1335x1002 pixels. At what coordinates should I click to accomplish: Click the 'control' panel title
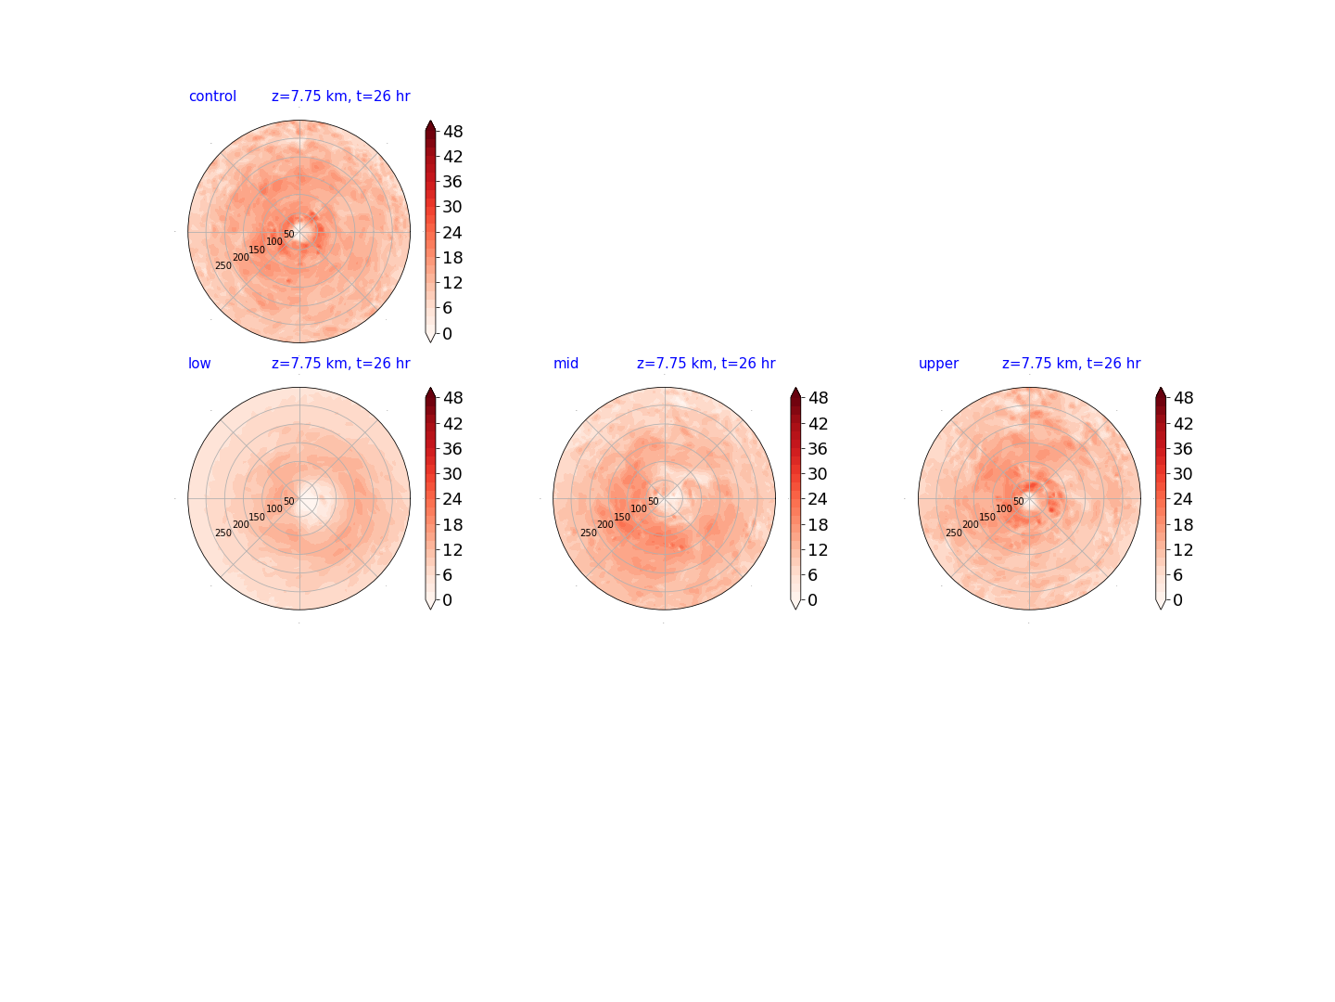(212, 96)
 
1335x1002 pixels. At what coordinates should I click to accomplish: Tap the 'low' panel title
(199, 363)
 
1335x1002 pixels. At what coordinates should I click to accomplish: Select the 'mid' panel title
(566, 363)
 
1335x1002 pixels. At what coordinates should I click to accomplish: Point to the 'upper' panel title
(938, 364)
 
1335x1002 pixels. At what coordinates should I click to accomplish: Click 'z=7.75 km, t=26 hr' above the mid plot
(706, 363)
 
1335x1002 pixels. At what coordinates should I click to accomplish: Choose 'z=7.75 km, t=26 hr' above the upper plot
(1071, 363)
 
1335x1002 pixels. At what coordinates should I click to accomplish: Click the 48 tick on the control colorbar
(452, 132)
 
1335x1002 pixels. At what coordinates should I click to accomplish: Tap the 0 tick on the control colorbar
(447, 333)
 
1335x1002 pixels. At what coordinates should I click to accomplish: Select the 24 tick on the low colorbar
(452, 499)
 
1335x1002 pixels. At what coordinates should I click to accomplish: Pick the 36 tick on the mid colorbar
(818, 448)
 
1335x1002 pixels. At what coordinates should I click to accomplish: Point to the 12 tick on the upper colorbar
(1183, 549)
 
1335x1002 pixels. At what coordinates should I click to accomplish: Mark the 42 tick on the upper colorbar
(1183, 423)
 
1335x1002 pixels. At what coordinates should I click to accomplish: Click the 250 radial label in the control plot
(223, 266)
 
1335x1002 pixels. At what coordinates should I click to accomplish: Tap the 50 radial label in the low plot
(289, 501)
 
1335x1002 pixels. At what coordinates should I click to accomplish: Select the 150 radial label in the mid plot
(621, 517)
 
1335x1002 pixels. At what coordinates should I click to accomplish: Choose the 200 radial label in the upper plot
(970, 524)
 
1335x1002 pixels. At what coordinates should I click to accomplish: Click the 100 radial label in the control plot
(274, 241)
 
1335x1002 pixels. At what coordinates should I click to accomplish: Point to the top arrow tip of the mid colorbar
(795, 387)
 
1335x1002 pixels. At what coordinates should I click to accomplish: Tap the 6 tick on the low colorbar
(447, 575)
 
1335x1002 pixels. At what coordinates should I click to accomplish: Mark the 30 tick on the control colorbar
(452, 207)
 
